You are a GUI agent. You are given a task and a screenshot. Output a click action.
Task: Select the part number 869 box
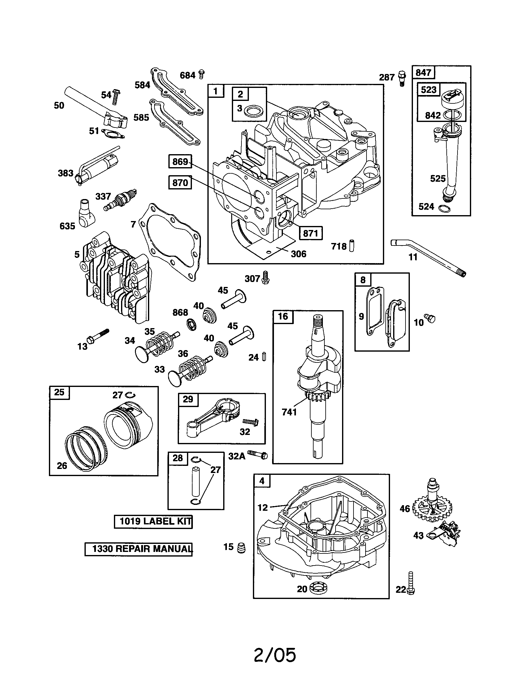coord(180,162)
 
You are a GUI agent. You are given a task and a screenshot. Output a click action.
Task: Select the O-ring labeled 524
coord(444,209)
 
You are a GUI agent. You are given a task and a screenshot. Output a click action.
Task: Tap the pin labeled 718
coord(351,245)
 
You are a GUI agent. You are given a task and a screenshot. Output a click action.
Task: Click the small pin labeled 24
coord(264,356)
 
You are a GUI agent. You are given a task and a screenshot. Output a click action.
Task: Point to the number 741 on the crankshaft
coord(289,412)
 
